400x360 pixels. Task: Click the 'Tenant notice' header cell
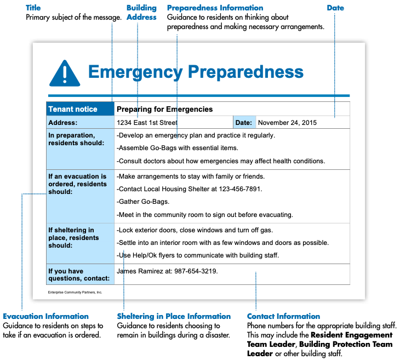click(73, 109)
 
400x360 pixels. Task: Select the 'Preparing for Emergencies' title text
click(164, 109)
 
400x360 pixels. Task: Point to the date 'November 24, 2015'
click(287, 123)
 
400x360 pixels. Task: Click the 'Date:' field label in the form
click(244, 123)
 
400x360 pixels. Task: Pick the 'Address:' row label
click(63, 123)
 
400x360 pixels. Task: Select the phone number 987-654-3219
click(195, 271)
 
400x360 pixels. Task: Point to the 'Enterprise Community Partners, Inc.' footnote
click(75, 293)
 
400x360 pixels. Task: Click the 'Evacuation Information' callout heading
click(45, 316)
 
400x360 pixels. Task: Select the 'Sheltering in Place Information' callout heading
click(174, 316)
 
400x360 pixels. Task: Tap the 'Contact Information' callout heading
click(283, 316)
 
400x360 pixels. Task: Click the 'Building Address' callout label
click(141, 13)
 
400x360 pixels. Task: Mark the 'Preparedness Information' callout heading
click(215, 8)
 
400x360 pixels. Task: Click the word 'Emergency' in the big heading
click(135, 72)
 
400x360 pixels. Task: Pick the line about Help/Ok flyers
click(198, 255)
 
